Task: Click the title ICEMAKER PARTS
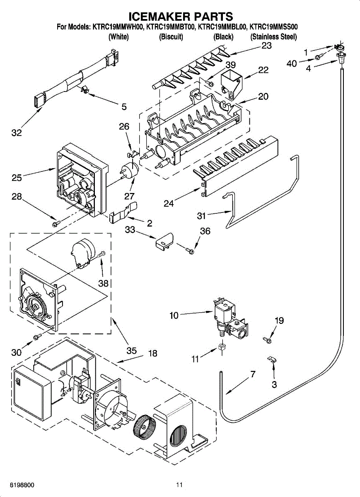click(x=181, y=16)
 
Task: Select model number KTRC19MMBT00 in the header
click(x=171, y=27)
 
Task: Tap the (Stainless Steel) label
click(x=273, y=36)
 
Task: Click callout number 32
click(x=17, y=133)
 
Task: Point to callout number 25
click(x=17, y=178)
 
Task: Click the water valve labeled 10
click(x=230, y=318)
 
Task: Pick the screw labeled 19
click(x=267, y=340)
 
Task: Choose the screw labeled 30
click(x=37, y=337)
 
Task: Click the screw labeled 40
click(x=318, y=58)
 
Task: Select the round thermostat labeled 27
click(x=130, y=170)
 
